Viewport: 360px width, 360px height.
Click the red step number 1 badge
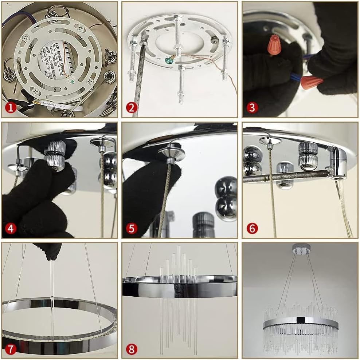click(11, 108)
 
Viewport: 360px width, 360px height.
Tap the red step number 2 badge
click(132, 108)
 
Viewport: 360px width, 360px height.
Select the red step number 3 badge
click(252, 108)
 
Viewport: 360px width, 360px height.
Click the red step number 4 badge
click(11, 228)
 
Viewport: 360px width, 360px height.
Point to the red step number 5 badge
click(132, 228)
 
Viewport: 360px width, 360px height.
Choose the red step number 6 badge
click(252, 228)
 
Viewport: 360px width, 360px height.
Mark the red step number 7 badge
click(11, 349)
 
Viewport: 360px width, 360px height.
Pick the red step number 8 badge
click(132, 349)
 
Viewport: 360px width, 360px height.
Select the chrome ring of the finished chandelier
click(301, 321)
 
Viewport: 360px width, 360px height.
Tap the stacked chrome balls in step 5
click(226, 199)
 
